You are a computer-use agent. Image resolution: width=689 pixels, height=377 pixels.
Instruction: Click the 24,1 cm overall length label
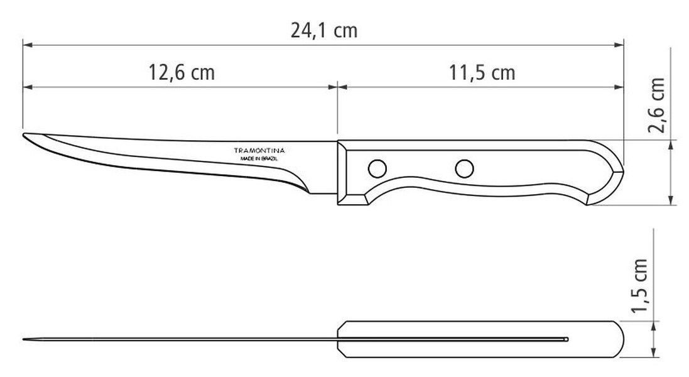[324, 31]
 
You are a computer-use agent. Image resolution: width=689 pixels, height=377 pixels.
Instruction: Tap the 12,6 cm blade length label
[182, 72]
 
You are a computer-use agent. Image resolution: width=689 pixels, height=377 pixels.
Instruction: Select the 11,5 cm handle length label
[482, 72]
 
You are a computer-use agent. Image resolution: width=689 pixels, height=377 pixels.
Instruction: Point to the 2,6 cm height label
[656, 105]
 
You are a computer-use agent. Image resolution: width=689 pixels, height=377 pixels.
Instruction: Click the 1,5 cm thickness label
[639, 286]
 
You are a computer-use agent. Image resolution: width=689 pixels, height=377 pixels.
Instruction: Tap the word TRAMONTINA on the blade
[259, 150]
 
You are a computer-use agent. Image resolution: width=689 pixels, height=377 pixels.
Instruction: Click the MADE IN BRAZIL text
[259, 158]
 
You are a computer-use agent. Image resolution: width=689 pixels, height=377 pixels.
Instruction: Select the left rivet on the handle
[377, 168]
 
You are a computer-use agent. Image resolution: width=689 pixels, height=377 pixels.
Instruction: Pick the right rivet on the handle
[464, 168]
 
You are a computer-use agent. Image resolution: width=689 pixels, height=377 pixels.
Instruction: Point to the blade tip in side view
[23, 134]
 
